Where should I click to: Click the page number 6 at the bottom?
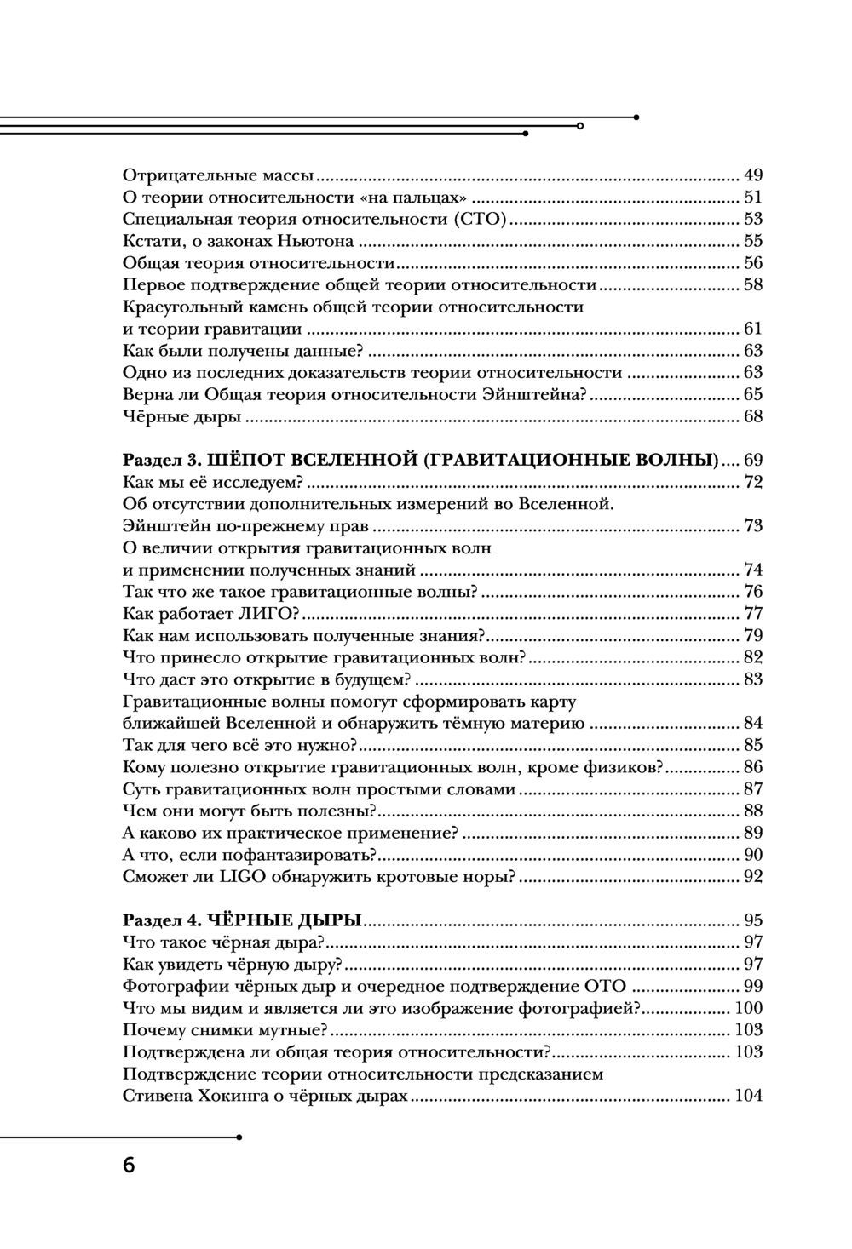(129, 1165)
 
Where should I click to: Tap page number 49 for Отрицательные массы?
(752, 175)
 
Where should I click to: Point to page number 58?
(752, 284)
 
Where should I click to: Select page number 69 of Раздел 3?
(752, 461)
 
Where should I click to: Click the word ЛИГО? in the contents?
(266, 614)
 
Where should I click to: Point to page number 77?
(752, 614)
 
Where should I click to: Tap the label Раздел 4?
(160, 920)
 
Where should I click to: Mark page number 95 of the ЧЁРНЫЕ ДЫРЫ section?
(752, 920)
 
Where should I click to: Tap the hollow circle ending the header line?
(580, 125)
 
